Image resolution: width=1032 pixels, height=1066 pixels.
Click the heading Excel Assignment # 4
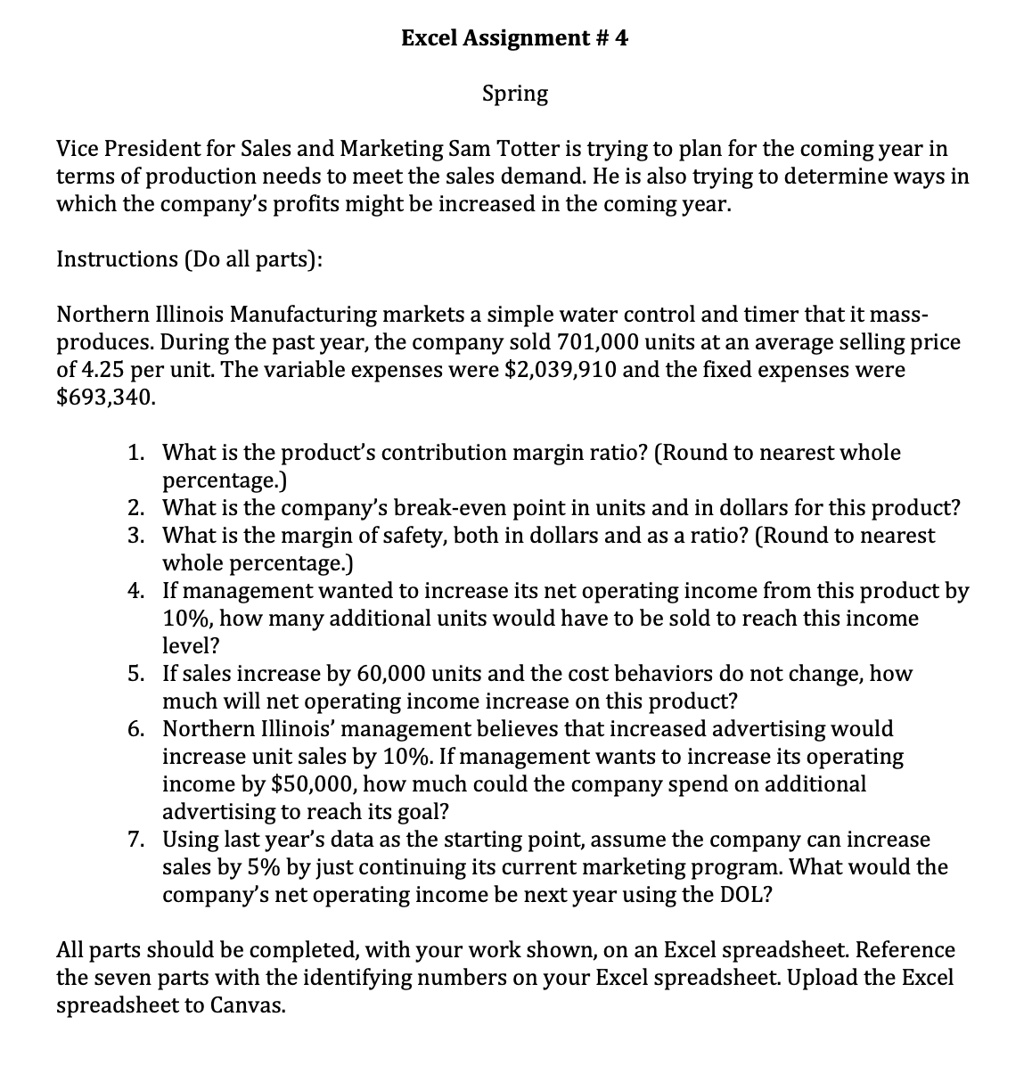pyautogui.click(x=514, y=37)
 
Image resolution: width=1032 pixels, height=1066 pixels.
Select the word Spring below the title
pyautogui.click(x=515, y=93)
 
